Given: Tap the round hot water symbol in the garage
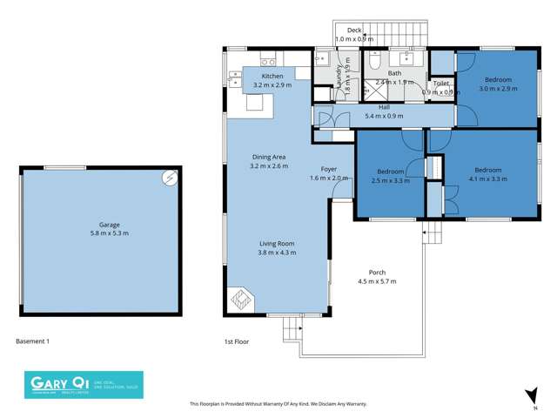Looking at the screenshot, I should pos(170,179).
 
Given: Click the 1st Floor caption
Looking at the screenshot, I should pos(236,341).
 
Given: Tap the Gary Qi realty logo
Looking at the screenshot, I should pos(83,385).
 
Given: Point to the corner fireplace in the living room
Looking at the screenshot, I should pos(242,300).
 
